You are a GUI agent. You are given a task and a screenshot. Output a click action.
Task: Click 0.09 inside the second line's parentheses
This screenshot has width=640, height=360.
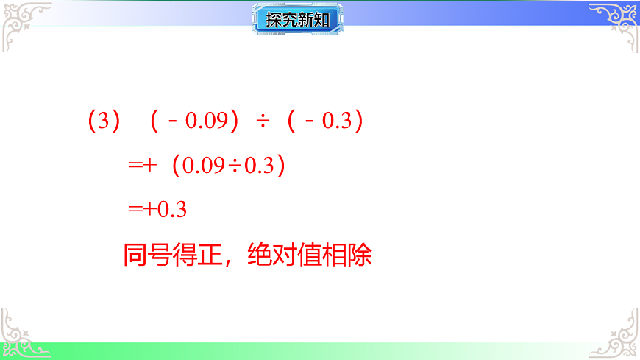(x=203, y=166)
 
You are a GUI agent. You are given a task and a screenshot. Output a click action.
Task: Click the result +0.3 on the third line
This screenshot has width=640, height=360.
(x=166, y=210)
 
